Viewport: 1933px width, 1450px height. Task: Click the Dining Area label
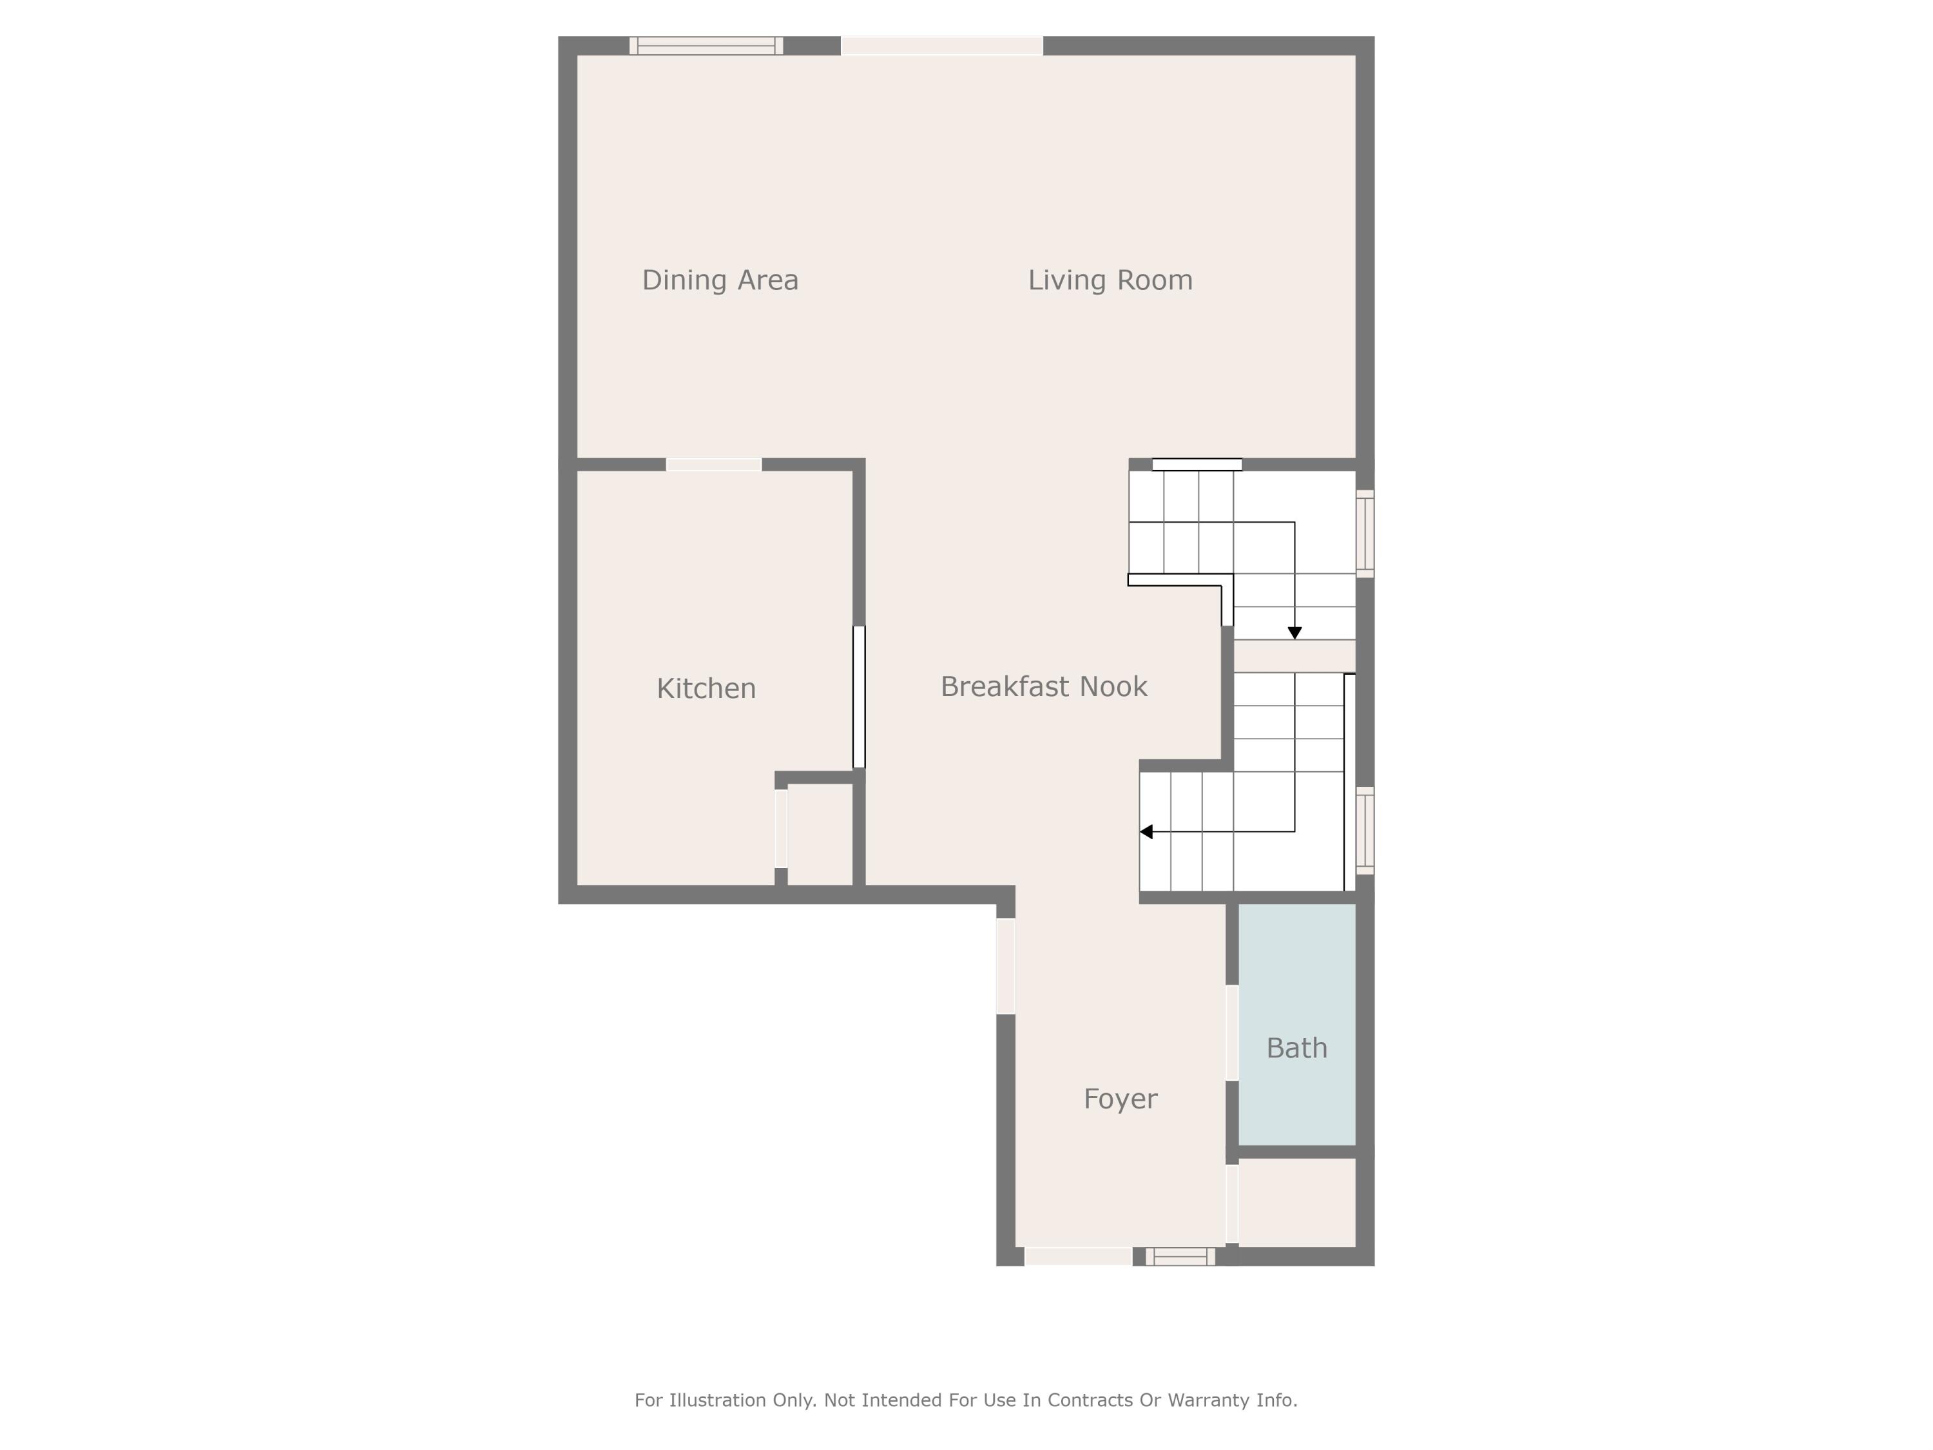click(720, 280)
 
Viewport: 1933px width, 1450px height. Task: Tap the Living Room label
click(1110, 280)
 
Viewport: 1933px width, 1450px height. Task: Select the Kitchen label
click(706, 689)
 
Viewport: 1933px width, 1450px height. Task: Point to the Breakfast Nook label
click(1043, 687)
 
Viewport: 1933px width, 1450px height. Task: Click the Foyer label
click(1120, 1099)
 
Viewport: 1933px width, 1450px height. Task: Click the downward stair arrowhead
click(1295, 633)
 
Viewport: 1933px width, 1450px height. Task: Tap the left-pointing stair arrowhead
click(1146, 832)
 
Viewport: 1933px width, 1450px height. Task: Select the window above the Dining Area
click(706, 46)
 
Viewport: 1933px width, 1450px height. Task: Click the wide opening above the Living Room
click(942, 46)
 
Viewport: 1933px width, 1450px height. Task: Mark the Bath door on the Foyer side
click(1231, 1032)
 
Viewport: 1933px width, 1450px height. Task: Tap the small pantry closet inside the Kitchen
click(820, 834)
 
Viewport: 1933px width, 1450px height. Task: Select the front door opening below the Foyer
click(1079, 1257)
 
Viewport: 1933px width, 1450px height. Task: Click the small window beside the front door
click(1180, 1257)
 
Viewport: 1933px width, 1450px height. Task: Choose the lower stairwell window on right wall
click(1365, 830)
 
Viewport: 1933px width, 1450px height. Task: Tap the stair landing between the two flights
click(1294, 657)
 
